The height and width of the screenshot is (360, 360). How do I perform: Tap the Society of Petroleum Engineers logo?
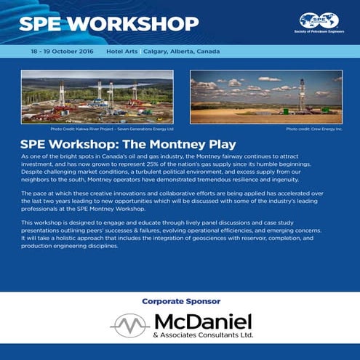click(318, 24)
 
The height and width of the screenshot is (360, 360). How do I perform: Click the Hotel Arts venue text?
click(121, 52)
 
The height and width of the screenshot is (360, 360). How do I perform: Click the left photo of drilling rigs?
click(97, 97)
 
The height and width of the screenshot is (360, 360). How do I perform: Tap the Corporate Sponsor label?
click(180, 300)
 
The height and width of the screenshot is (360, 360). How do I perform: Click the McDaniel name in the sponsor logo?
click(202, 321)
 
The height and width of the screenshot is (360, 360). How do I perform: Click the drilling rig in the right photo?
click(303, 92)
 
